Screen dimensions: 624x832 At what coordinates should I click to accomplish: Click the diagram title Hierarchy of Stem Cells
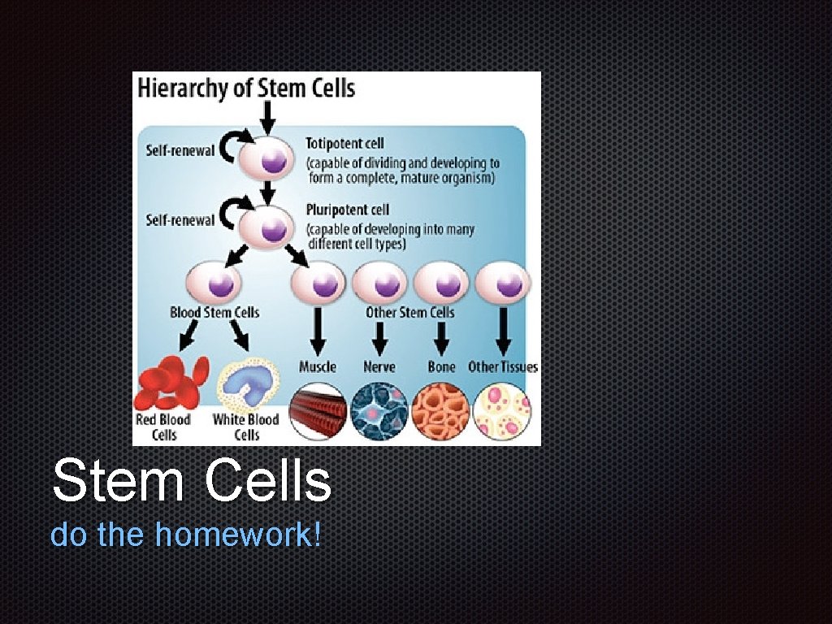click(246, 88)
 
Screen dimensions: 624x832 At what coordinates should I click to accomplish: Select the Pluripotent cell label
click(348, 210)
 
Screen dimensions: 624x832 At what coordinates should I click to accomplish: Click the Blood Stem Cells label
click(214, 312)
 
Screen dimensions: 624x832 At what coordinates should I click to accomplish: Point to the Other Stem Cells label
click(409, 312)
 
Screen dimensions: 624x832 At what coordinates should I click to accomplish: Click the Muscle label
click(317, 366)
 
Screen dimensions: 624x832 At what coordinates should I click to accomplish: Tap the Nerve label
click(379, 366)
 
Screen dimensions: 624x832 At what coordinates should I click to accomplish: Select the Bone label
click(441, 366)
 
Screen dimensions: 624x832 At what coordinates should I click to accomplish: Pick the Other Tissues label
click(502, 366)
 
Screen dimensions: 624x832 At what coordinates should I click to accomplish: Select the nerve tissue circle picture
click(379, 410)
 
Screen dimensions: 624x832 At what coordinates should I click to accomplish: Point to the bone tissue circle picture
click(441, 410)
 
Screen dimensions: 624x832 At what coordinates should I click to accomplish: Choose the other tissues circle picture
click(503, 410)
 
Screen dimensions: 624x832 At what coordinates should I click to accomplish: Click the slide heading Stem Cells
click(192, 481)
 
